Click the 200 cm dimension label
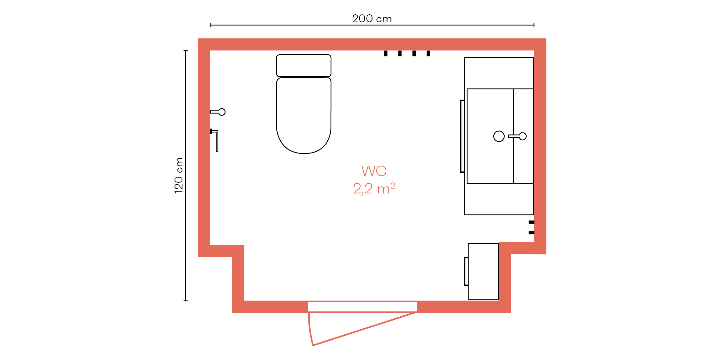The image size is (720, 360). tap(372, 19)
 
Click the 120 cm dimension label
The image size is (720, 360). tap(178, 175)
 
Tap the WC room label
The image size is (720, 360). tap(374, 171)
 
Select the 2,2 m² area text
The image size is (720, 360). tap(374, 189)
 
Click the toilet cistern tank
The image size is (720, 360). tap(304, 66)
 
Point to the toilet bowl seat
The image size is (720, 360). tap(304, 115)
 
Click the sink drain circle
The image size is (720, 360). tap(499, 136)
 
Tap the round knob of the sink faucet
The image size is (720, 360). tap(523, 136)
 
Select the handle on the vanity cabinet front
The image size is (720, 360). tap(462, 136)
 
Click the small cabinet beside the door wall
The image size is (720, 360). tap(483, 271)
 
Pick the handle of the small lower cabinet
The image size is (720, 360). tap(466, 271)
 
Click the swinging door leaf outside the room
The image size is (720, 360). tap(363, 328)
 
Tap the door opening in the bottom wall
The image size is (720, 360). tap(362, 307)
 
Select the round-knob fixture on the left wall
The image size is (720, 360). tap(218, 112)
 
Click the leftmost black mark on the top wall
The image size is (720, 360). tap(386, 53)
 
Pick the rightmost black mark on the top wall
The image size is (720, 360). tap(428, 53)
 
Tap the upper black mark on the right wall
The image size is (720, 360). tap(531, 222)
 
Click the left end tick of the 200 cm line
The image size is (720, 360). tap(210, 25)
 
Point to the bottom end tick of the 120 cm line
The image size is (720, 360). tap(185, 301)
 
